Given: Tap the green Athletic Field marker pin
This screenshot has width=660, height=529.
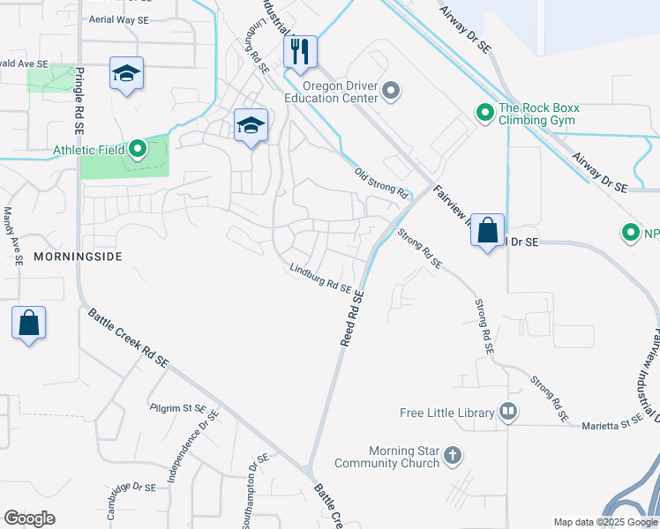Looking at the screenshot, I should (x=137, y=149).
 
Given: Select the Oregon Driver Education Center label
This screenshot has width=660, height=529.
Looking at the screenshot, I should (x=340, y=92).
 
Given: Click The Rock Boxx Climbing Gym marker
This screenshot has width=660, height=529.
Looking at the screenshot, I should (x=484, y=113).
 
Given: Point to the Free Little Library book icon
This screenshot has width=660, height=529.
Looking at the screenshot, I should (x=507, y=411).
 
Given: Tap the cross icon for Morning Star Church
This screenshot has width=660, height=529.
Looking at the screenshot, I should (x=452, y=456).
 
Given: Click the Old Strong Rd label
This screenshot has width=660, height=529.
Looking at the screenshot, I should (x=380, y=182).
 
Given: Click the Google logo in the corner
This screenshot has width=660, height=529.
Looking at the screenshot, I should (x=29, y=518).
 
